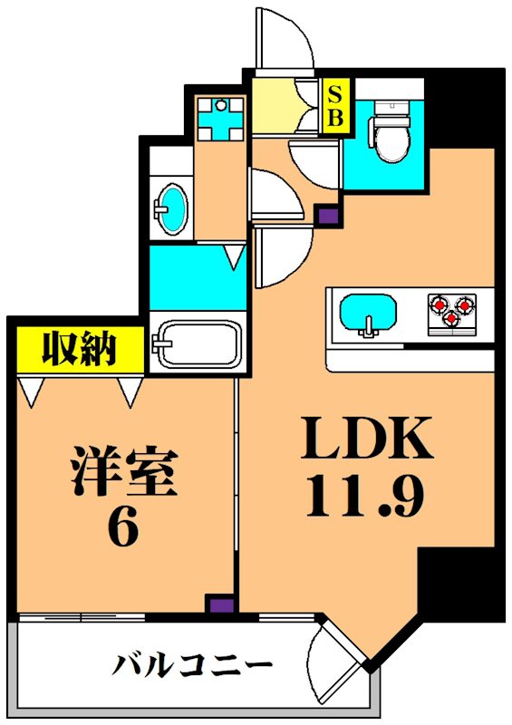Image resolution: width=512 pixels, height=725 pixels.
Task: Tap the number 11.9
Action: point(366,497)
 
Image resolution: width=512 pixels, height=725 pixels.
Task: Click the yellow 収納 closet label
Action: point(80,347)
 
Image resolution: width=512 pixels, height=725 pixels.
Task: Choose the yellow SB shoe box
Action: point(334,105)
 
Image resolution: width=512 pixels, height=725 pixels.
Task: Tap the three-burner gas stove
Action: point(451,310)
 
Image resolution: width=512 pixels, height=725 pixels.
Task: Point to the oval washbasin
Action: point(171,207)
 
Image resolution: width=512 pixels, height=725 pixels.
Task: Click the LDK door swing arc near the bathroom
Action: point(277,256)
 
